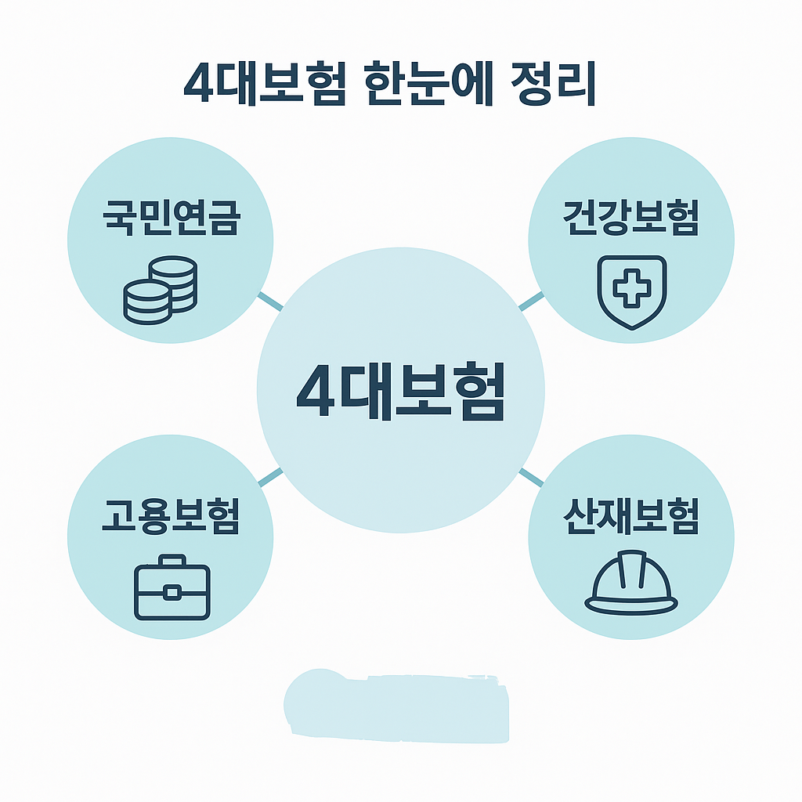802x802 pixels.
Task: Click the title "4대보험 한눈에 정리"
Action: [389, 85]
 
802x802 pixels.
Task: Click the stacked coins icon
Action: [161, 290]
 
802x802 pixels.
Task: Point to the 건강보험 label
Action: [630, 219]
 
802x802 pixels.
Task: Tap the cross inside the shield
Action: [631, 287]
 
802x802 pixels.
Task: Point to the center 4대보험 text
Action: [400, 392]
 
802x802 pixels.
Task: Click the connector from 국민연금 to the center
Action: [270, 300]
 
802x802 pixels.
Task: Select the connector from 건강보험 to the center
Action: [530, 301]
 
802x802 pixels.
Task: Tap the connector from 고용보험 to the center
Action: [270, 476]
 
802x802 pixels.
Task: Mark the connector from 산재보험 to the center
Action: [530, 476]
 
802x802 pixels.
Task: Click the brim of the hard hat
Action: [631, 604]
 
